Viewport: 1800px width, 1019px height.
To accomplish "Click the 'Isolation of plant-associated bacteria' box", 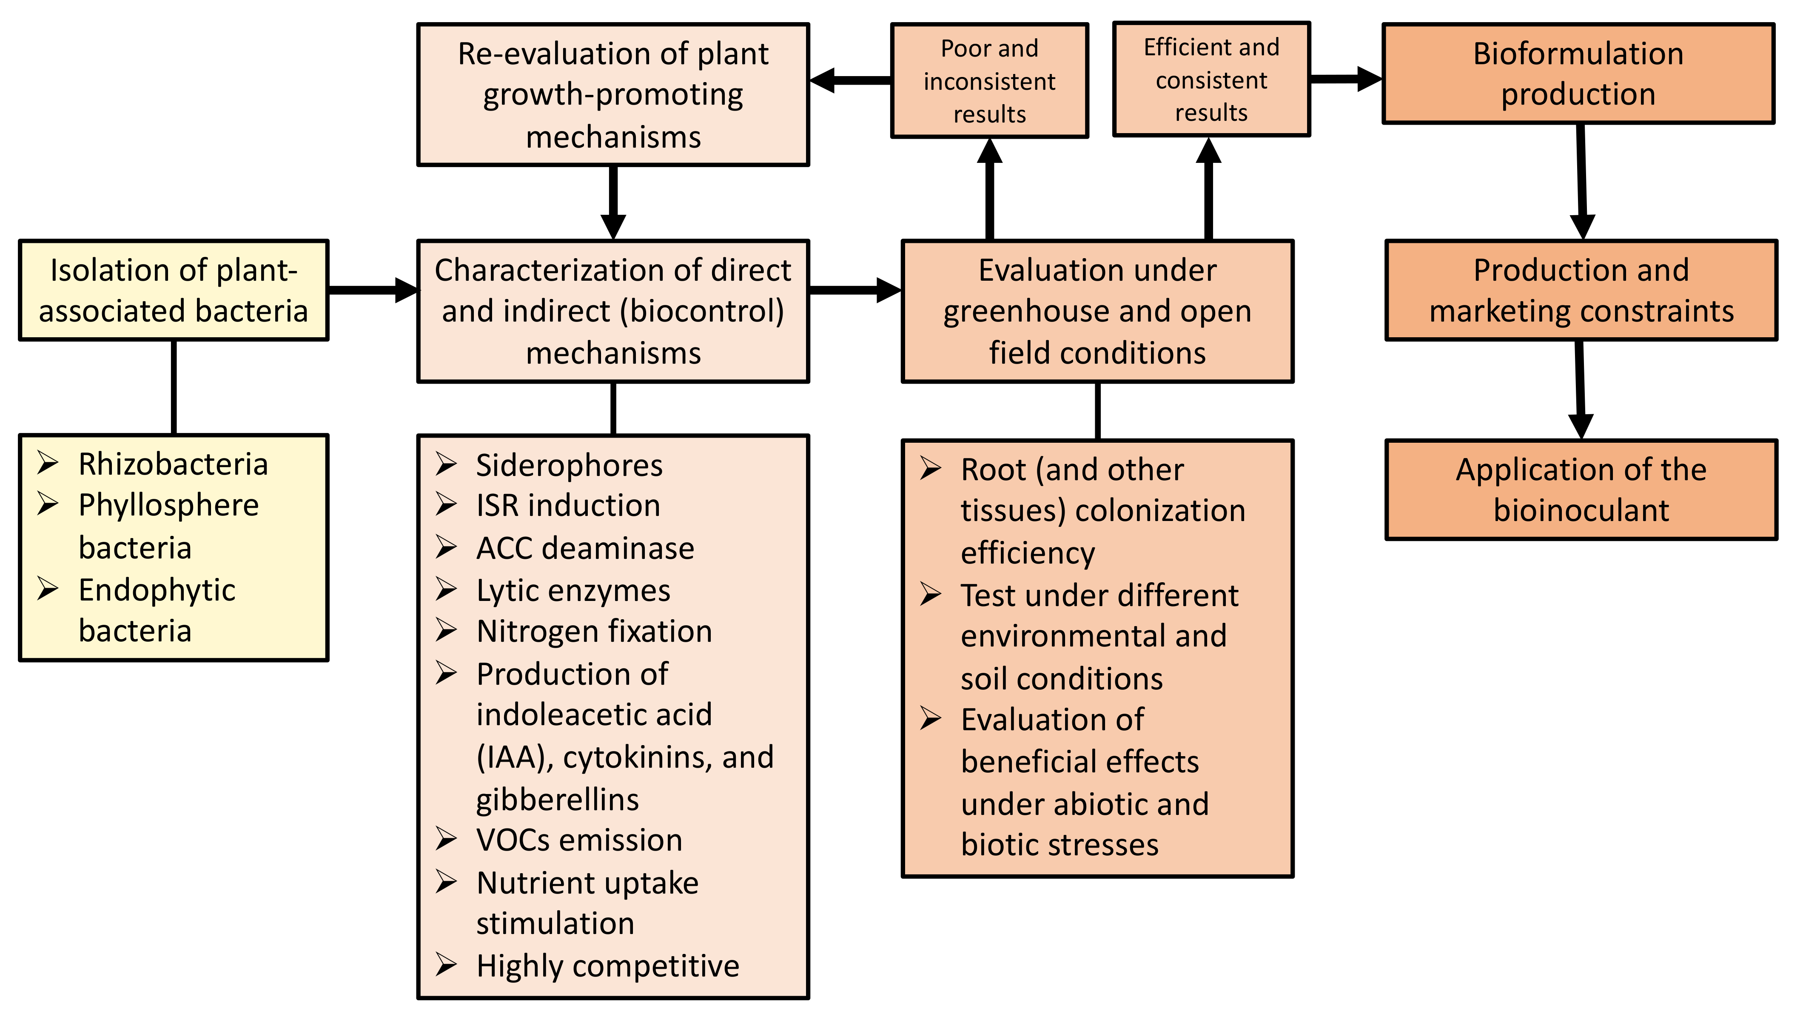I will tap(174, 290).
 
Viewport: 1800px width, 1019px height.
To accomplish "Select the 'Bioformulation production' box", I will tap(1578, 74).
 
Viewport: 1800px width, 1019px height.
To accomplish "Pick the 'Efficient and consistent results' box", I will tap(1211, 79).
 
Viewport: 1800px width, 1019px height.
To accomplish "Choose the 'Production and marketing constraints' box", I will tap(1581, 290).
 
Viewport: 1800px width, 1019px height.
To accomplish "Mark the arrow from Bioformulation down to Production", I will tap(1582, 182).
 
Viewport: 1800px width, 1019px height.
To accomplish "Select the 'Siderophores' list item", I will tap(569, 465).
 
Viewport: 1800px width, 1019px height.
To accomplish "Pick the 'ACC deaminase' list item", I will tap(585, 548).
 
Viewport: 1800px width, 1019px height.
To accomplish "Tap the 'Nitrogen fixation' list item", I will tap(594, 631).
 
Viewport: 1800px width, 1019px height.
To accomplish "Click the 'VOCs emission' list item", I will tap(579, 840).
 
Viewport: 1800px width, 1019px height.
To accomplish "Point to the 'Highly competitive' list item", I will tap(607, 966).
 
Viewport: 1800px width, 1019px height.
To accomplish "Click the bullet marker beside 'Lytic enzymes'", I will tap(446, 589).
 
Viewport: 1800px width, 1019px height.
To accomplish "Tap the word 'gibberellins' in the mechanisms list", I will tap(557, 799).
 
